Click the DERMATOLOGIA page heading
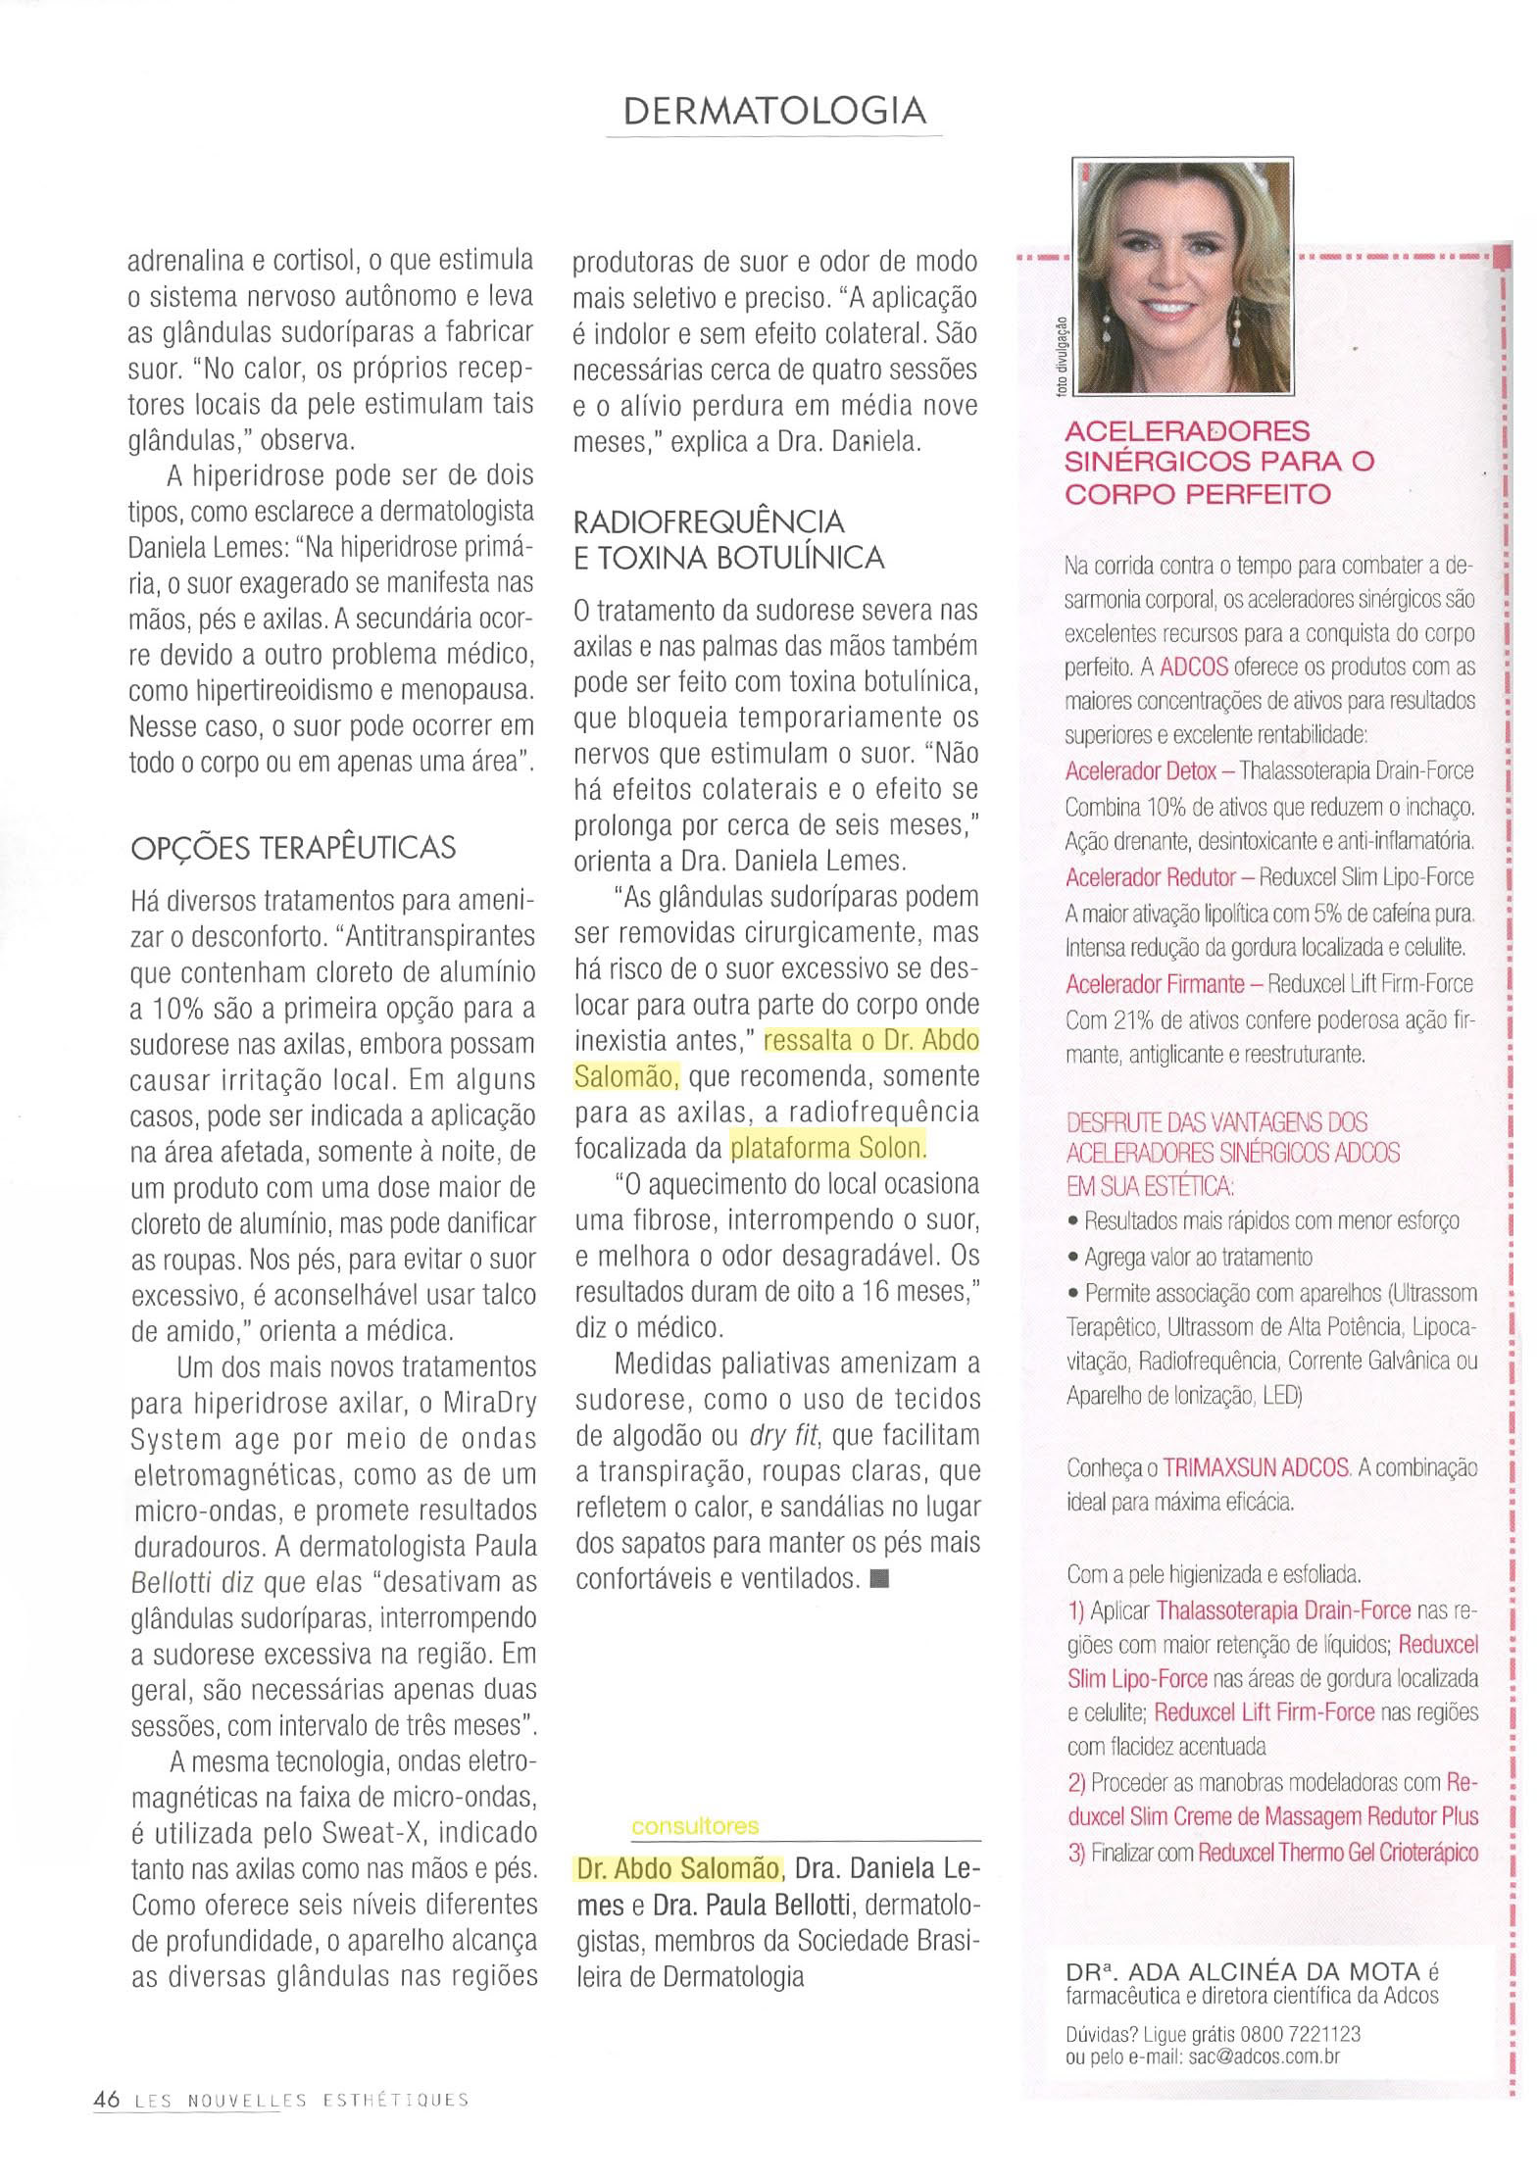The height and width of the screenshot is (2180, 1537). click(774, 111)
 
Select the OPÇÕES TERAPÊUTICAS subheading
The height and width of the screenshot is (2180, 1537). click(293, 847)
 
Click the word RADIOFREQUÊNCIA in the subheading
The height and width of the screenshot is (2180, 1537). click(709, 520)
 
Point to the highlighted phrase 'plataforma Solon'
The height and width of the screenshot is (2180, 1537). click(827, 1147)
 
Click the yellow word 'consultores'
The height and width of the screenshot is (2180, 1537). click(695, 1826)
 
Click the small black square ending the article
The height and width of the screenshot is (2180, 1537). click(878, 1579)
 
